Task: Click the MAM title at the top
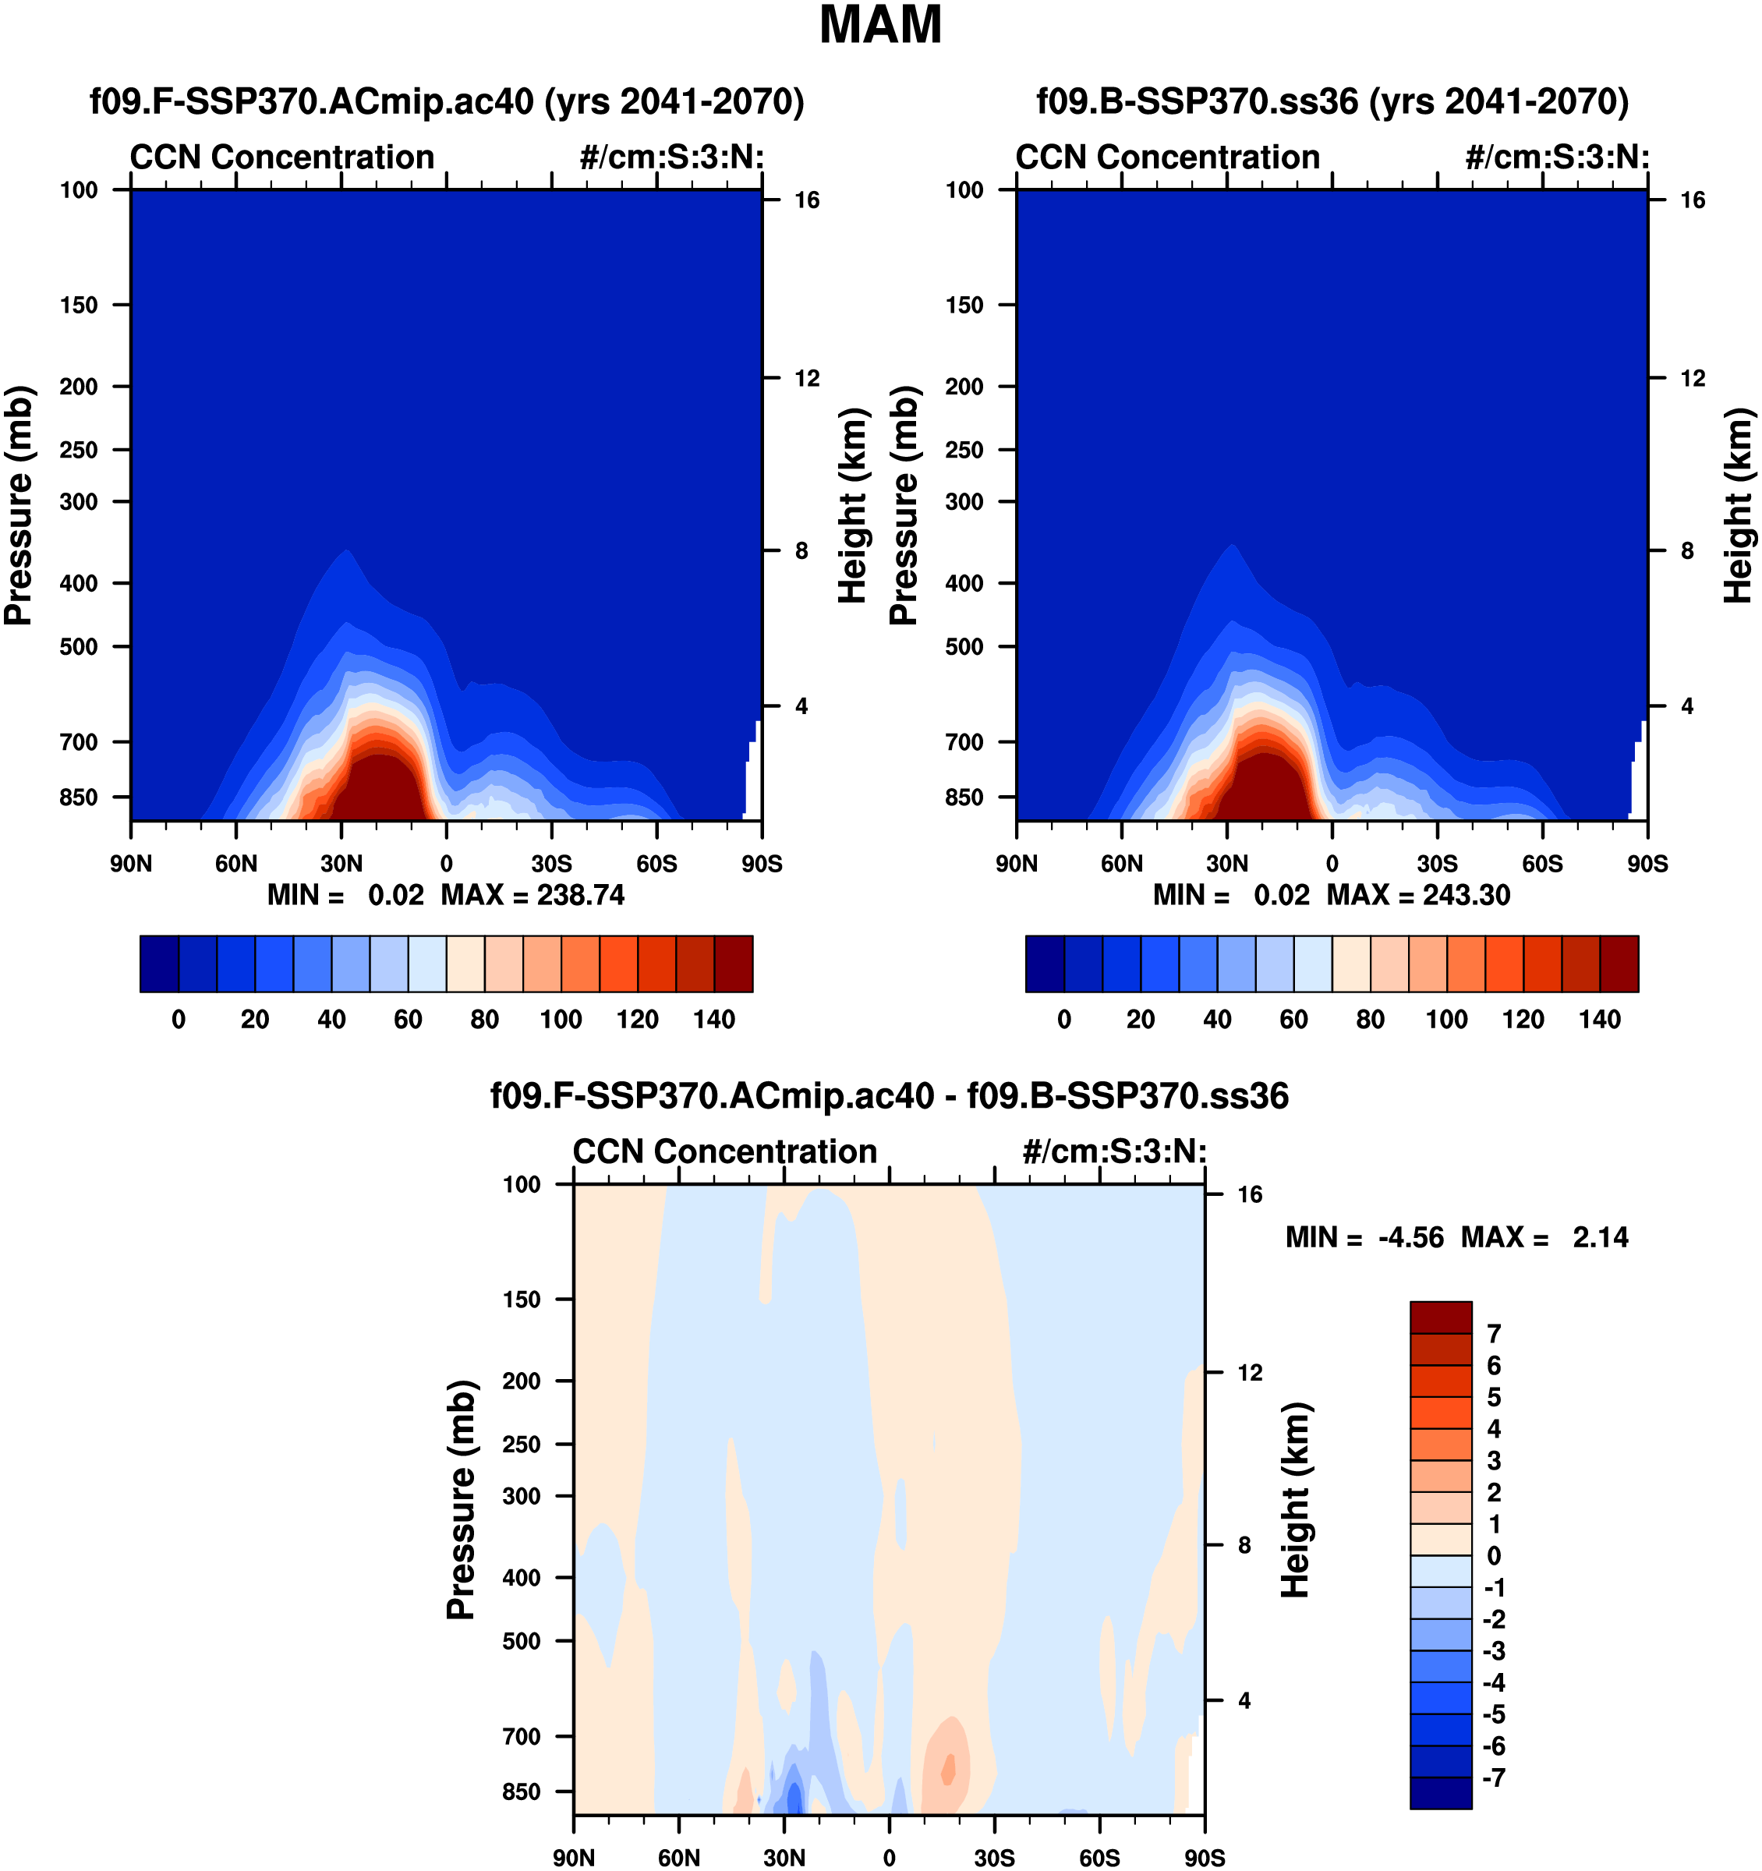coord(880,26)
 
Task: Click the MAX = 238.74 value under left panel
coord(532,894)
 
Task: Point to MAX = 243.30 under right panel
coord(1418,894)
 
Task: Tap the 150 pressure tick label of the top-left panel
coord(79,305)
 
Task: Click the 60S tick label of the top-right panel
coord(1542,864)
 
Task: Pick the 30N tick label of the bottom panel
coord(784,1858)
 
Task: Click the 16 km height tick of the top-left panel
coord(807,200)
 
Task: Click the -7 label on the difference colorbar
coord(1495,1777)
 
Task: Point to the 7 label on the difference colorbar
coord(1494,1334)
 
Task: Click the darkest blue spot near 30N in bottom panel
coord(794,1797)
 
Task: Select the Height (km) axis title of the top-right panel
coord(1739,505)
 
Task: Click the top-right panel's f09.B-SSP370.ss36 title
coord(1332,101)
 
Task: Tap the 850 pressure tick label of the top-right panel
coord(964,798)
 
